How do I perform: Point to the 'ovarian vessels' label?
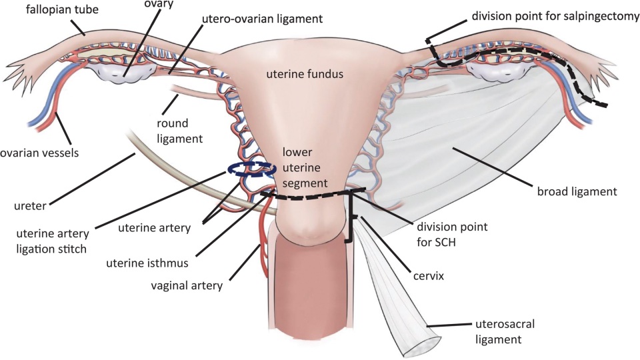[x=39, y=153]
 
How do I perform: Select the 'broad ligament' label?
[x=577, y=191]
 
